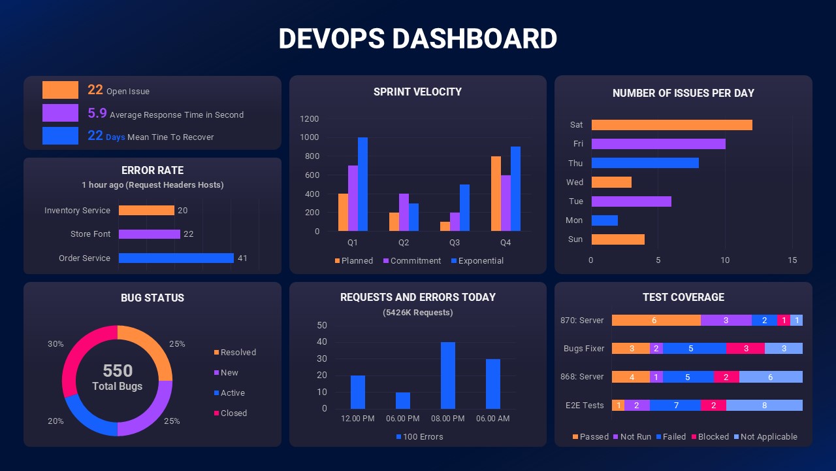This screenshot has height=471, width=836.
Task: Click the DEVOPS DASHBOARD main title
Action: point(417,39)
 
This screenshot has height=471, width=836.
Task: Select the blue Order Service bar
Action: point(176,258)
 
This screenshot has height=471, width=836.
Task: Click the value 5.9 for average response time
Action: point(97,113)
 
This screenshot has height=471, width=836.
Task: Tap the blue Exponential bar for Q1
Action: point(362,184)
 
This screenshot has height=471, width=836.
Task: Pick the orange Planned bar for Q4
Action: point(496,194)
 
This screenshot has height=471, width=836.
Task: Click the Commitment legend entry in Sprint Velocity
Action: point(411,260)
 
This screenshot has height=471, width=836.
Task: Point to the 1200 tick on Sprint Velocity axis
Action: point(310,119)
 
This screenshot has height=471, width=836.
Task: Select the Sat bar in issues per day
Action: point(671,125)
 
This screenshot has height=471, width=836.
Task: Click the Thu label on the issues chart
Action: point(575,163)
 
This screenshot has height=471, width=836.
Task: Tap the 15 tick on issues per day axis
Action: point(792,260)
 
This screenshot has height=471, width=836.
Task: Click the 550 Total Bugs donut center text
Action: point(118,377)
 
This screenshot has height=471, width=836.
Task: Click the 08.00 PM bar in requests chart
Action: point(448,375)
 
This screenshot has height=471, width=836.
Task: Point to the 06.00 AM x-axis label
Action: point(492,419)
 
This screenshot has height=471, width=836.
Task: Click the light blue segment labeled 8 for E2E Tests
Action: point(764,406)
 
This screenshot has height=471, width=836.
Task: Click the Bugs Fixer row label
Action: point(584,349)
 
